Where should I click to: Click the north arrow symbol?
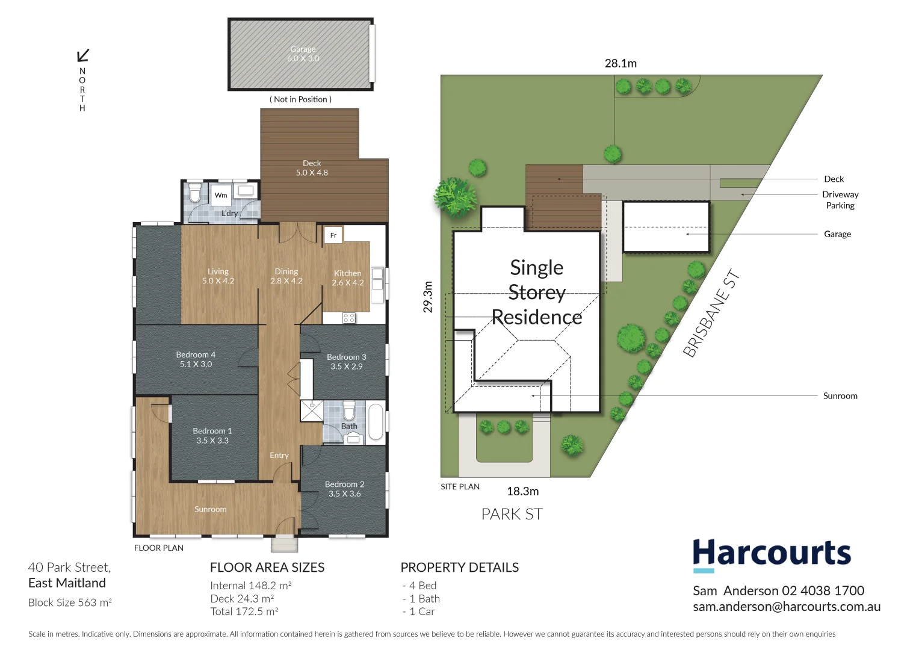(83, 55)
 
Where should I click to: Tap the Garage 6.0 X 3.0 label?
(303, 54)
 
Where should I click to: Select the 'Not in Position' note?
(300, 99)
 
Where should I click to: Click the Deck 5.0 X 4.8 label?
(312, 168)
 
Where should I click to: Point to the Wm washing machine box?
(221, 195)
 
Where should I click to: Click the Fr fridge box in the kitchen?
(333, 235)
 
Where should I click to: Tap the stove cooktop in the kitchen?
(348, 317)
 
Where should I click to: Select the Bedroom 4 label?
(196, 359)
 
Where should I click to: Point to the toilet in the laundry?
(195, 193)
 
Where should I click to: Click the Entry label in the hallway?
(279, 455)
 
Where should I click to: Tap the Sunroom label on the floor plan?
(210, 509)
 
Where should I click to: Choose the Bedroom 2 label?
(344, 489)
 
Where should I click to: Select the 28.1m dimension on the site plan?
(620, 63)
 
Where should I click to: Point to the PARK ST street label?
(512, 514)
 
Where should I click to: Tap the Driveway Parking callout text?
(840, 200)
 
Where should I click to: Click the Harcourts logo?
(772, 554)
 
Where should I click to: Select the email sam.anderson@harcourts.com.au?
(786, 607)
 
